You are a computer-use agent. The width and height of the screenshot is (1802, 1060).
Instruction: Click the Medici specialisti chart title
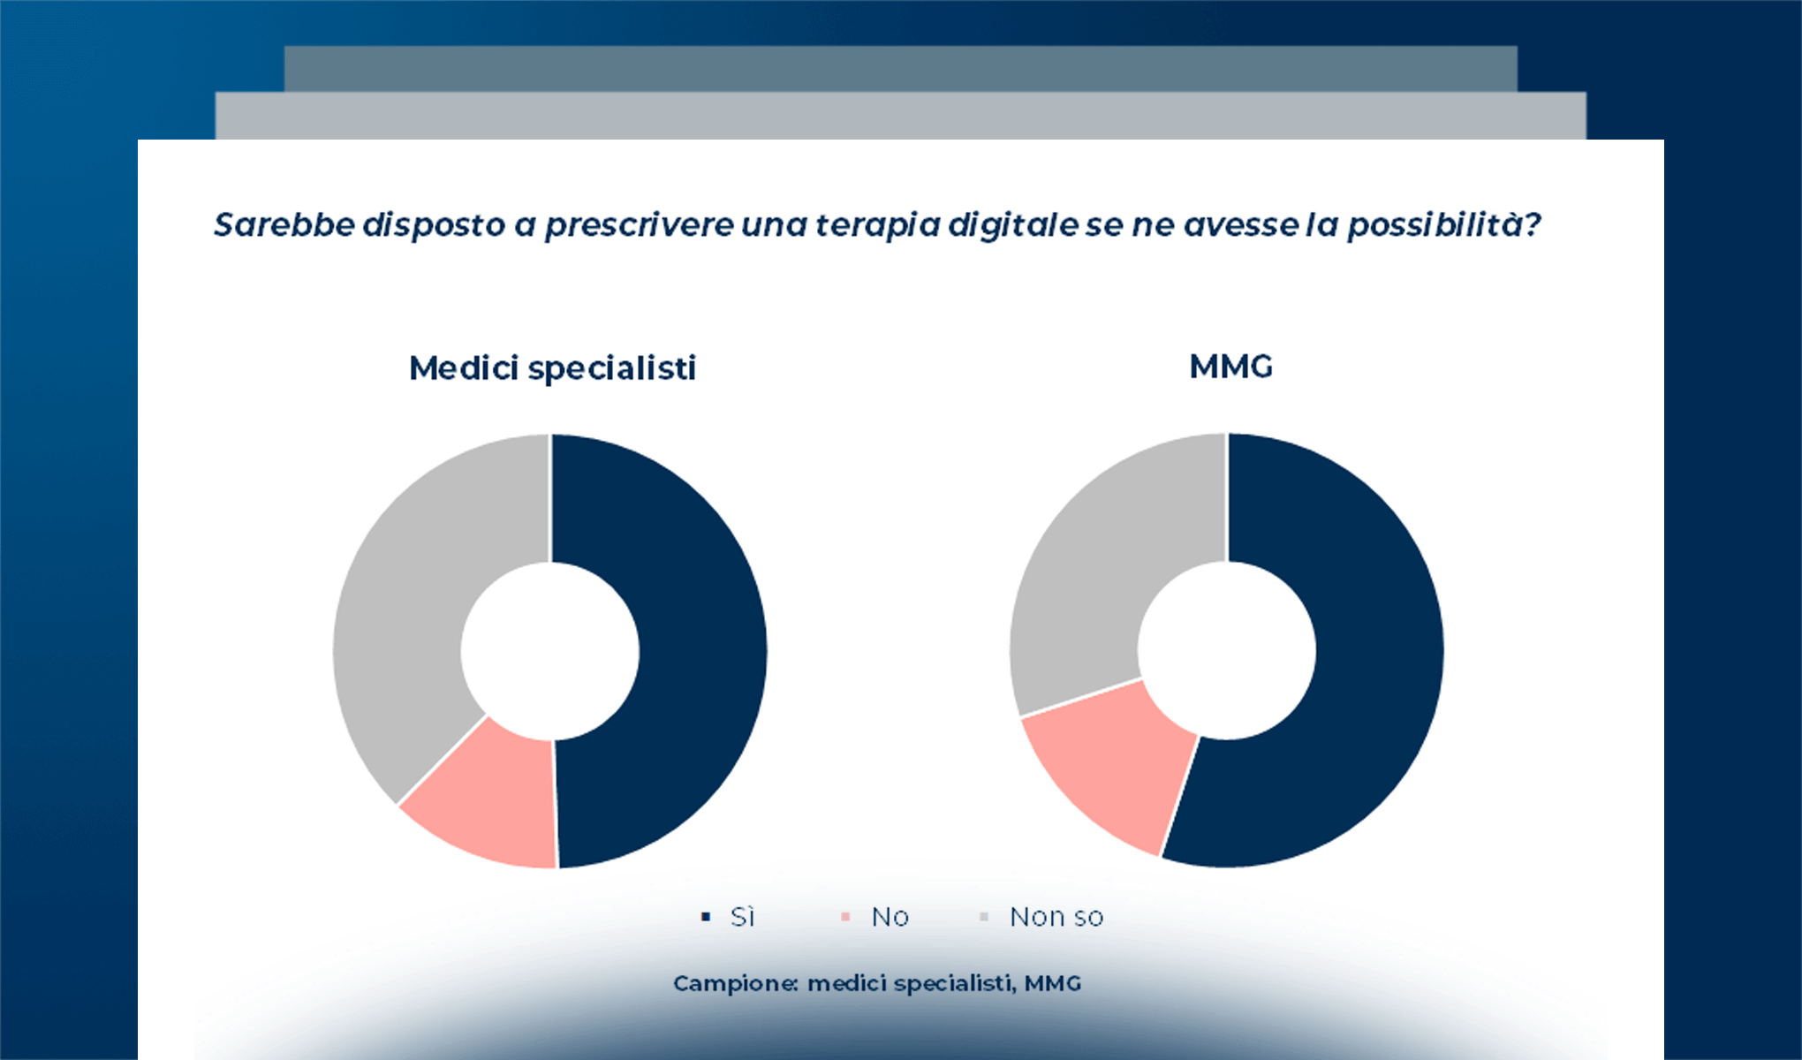coord(552,367)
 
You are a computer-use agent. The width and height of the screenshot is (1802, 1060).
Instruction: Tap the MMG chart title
coord(1230,366)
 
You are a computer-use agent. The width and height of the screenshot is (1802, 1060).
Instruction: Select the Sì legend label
coord(742,917)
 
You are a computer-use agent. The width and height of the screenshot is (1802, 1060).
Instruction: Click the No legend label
coord(890,917)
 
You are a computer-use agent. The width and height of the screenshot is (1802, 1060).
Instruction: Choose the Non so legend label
coord(1056,917)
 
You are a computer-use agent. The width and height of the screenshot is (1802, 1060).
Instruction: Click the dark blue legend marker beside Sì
coord(705,917)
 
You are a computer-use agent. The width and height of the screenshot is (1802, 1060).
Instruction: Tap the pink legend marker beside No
coord(845,917)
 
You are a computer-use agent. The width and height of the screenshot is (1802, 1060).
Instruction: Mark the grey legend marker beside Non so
coord(984,917)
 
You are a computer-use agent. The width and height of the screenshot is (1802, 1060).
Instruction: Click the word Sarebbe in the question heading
coord(284,224)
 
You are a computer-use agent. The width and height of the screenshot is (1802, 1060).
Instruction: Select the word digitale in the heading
coord(1012,224)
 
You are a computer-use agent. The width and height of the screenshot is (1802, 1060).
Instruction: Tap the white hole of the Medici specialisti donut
coord(550,651)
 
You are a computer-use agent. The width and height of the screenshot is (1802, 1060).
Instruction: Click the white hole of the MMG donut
coord(1227,651)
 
